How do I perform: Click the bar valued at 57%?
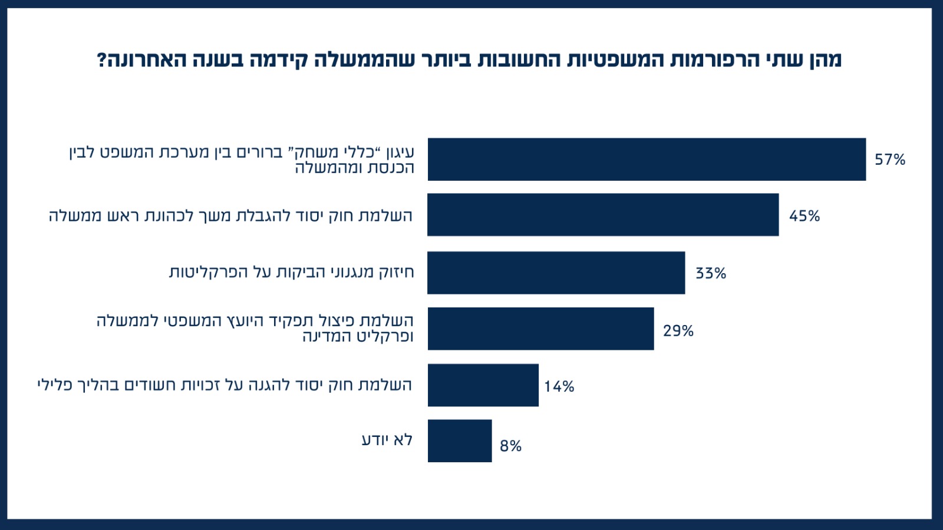(647, 160)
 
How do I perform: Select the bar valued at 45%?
(603, 215)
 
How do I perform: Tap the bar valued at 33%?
(556, 273)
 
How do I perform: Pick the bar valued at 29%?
(540, 329)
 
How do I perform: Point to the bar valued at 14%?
(483, 385)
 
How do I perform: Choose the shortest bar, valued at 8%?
(460, 441)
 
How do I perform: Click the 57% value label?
(889, 160)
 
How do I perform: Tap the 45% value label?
(804, 216)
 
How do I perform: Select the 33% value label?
(711, 273)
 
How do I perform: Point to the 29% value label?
(678, 331)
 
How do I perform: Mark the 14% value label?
(559, 387)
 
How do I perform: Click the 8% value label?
(510, 446)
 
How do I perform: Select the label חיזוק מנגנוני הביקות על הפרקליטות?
(292, 272)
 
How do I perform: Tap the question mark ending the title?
(101, 60)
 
